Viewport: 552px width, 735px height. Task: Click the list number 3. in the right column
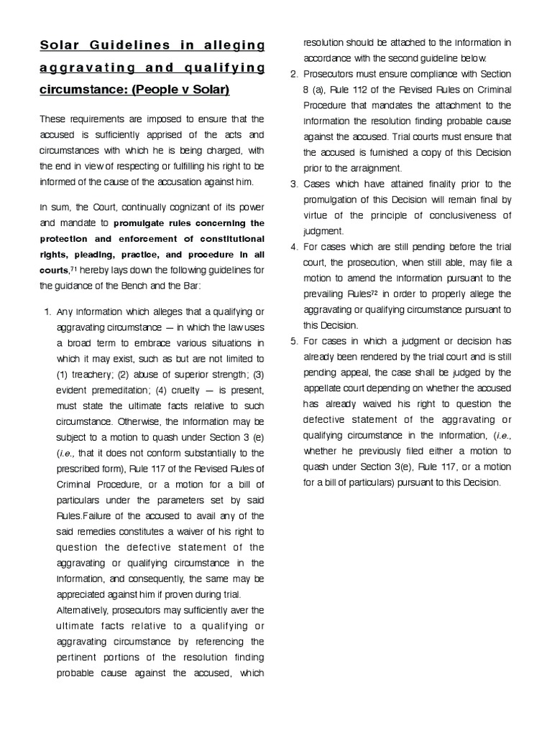pos(294,184)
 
